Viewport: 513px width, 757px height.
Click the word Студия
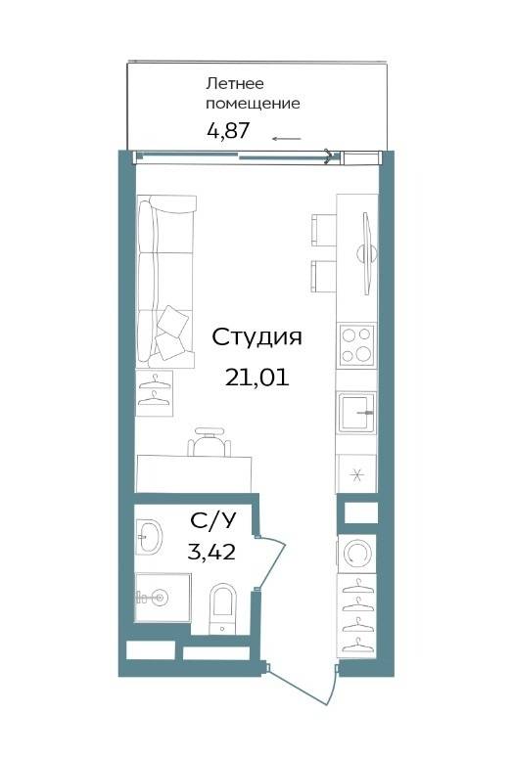pos(256,338)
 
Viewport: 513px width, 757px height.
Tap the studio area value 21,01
pos(256,378)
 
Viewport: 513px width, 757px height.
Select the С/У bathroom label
pos(213,520)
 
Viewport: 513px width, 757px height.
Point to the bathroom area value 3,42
pos(211,551)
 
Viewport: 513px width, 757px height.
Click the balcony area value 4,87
pos(228,130)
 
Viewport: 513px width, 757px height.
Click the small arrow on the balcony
pos(287,139)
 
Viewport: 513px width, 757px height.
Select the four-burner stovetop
pos(357,345)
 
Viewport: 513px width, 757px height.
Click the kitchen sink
pos(357,412)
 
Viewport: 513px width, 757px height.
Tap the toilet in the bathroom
pos(222,608)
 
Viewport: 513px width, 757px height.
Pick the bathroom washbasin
pos(149,536)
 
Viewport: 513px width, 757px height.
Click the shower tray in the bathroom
pos(163,598)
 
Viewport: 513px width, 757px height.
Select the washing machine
pos(356,554)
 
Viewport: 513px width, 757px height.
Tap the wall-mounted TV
pos(367,253)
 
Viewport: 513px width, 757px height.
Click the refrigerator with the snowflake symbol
pos(356,473)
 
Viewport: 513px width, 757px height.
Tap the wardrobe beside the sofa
pos(154,393)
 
